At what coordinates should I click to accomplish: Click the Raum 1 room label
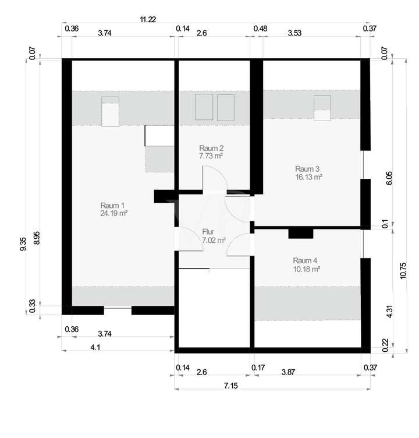pos(113,206)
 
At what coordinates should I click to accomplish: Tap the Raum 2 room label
pos(211,148)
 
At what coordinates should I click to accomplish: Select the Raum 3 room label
pos(308,169)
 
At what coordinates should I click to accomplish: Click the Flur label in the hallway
pos(208,231)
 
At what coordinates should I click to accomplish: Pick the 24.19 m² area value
pos(114,214)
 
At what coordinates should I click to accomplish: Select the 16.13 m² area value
pos(308,178)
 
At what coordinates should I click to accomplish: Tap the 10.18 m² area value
pos(306,269)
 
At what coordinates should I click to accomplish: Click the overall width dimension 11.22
pos(147,19)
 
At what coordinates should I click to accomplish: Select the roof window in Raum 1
pos(110,112)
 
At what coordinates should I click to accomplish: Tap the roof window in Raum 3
pos(322,108)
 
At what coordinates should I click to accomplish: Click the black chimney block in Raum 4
pos(301,234)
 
